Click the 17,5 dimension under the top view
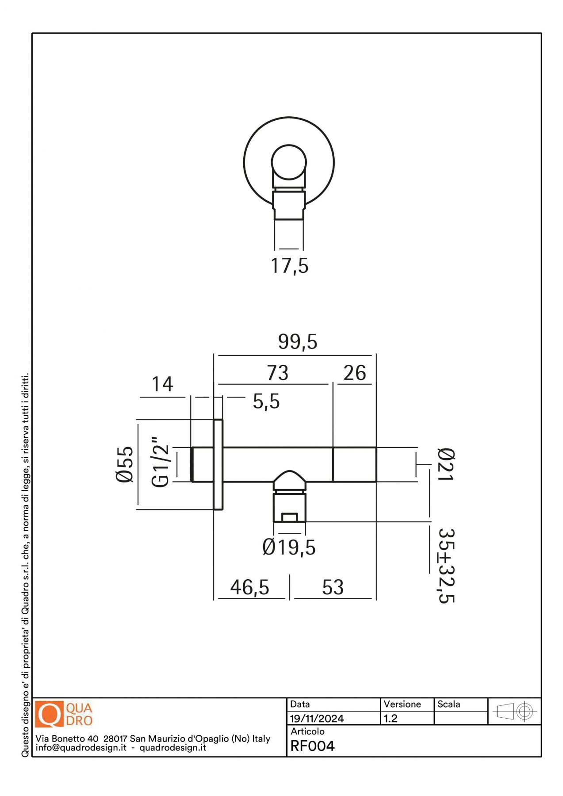(x=289, y=266)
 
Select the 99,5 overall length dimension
(x=298, y=342)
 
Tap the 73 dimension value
(x=277, y=373)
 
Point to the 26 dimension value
(x=355, y=373)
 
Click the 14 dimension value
(x=162, y=384)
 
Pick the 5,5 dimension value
(x=266, y=402)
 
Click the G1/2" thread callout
(x=160, y=463)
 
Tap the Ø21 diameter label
(x=446, y=464)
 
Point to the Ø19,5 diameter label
(x=289, y=547)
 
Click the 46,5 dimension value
(x=249, y=587)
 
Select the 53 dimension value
(x=333, y=587)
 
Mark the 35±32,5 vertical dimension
(x=446, y=566)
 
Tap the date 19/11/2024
(x=317, y=719)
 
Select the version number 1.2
(x=391, y=719)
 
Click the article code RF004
(x=312, y=746)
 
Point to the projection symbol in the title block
(x=514, y=712)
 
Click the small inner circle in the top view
(x=289, y=162)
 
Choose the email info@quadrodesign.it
(x=81, y=748)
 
